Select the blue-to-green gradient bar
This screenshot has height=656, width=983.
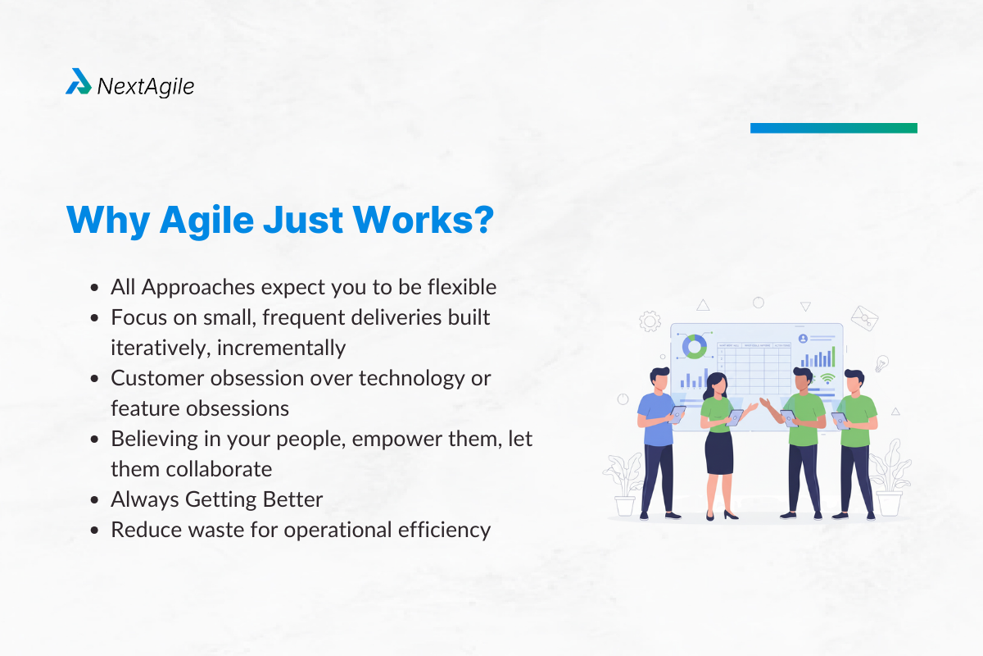pos(833,128)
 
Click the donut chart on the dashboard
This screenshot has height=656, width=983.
pos(695,346)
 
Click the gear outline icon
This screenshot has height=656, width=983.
pos(650,320)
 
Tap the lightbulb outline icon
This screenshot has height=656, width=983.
pos(881,363)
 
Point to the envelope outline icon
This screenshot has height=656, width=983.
pos(863,317)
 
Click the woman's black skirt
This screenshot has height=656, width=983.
pos(718,453)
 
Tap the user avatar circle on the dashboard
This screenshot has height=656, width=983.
pos(803,338)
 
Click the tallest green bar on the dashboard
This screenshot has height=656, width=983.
pos(833,356)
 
